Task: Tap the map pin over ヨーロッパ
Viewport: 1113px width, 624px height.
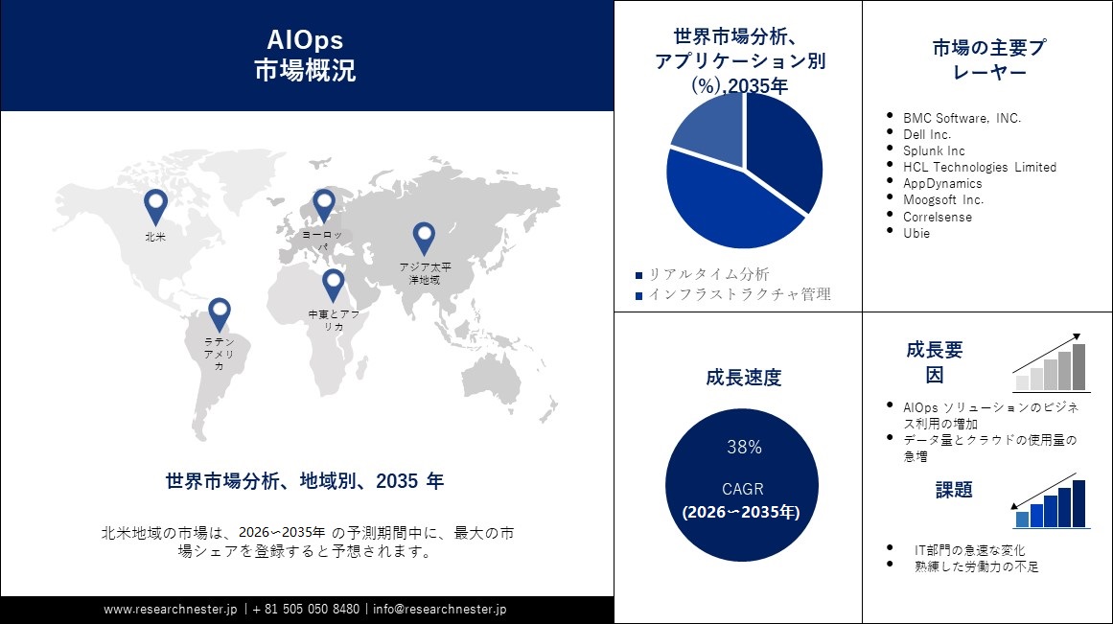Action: coord(324,205)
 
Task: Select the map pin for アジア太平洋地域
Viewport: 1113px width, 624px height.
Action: coord(424,238)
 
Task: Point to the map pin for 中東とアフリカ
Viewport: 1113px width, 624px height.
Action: coord(333,285)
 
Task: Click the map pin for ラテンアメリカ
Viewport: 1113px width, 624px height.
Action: coord(220,313)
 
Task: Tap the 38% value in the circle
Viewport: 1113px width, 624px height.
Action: coord(744,448)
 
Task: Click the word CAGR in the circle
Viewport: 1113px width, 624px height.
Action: coord(743,489)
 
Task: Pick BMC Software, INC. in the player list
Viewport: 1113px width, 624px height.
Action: coord(962,118)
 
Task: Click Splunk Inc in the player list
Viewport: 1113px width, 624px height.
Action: coord(934,150)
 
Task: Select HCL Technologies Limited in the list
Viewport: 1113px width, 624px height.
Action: coord(979,167)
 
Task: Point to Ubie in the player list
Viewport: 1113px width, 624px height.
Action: coord(917,233)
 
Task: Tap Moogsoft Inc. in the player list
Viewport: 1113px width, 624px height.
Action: coord(942,199)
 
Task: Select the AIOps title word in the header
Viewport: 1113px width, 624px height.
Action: coord(305,39)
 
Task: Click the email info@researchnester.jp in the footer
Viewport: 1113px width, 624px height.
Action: coord(440,609)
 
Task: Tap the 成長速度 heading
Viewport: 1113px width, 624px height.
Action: coord(743,378)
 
